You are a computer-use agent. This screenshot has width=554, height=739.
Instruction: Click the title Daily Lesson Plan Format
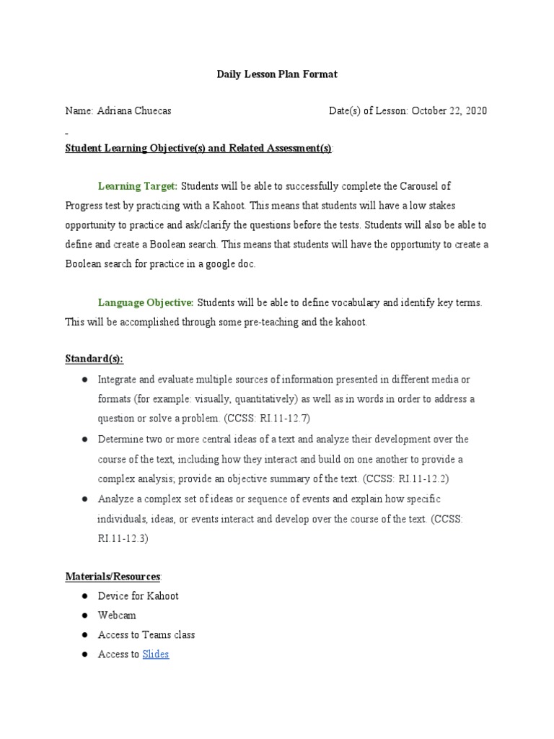point(277,74)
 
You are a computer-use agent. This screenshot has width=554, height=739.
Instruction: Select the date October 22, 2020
point(449,111)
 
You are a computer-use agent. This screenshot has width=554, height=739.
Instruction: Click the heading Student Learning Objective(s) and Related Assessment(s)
point(198,148)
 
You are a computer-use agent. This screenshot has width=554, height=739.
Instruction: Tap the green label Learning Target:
point(137,186)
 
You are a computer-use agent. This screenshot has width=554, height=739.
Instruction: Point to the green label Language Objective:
point(146,302)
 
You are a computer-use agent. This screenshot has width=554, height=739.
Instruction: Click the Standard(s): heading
point(94,359)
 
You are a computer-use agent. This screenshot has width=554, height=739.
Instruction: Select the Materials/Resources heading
point(113,576)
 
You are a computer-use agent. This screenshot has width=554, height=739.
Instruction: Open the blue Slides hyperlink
point(155,655)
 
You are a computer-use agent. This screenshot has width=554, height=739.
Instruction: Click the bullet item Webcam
point(117,616)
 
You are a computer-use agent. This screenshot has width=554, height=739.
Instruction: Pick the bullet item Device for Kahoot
point(138,596)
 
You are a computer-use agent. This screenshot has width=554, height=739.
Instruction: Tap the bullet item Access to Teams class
point(146,635)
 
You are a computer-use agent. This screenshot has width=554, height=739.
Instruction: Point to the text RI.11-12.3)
point(123,538)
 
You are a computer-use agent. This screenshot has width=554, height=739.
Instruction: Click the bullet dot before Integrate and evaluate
point(84,380)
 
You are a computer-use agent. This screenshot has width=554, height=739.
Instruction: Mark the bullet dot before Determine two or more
point(84,440)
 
